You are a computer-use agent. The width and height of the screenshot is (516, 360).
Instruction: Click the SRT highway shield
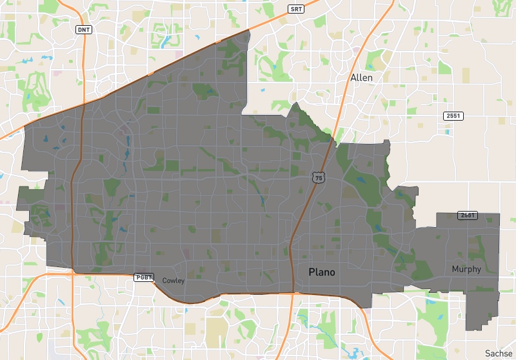tap(295, 9)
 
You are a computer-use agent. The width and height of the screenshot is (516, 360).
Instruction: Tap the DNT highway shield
tap(84, 30)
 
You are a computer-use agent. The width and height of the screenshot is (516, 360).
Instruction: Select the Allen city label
tap(361, 77)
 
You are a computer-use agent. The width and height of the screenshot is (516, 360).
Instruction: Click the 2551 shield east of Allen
tap(453, 115)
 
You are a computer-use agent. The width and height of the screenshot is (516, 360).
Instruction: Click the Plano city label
tap(322, 272)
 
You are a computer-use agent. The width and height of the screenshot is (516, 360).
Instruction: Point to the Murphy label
tap(466, 269)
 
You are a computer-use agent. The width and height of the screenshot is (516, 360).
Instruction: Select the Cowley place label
tap(174, 281)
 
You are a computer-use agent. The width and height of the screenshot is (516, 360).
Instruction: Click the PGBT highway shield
tap(144, 277)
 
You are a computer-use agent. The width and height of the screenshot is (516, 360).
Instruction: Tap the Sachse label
tap(499, 354)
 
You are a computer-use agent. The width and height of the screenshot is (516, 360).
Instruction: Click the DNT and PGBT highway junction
tap(73, 273)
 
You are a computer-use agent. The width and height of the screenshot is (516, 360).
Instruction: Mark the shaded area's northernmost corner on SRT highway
tap(248, 30)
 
